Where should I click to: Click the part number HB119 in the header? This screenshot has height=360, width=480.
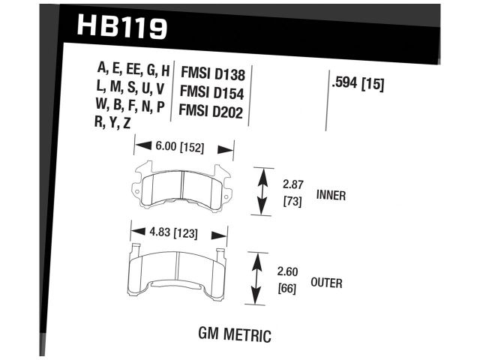(121, 28)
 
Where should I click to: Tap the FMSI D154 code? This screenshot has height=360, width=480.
(213, 91)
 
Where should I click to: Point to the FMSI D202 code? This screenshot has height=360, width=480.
(213, 110)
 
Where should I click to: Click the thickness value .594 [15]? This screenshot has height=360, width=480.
(358, 85)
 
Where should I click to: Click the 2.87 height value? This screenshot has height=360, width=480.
(292, 184)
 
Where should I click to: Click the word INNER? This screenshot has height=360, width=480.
(331, 196)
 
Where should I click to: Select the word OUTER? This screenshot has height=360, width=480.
(326, 283)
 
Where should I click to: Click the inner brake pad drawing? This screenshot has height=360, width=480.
(184, 187)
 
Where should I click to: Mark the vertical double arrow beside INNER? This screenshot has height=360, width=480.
(262, 191)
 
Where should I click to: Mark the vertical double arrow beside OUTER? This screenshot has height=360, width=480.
(258, 278)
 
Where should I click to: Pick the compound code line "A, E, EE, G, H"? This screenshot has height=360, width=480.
(133, 70)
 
